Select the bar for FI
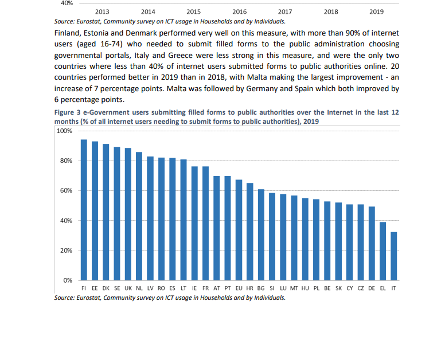point(84,210)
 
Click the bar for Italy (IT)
point(394,256)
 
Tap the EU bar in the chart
point(239,230)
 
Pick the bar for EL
point(383,251)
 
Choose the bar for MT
point(294,238)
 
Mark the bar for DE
point(372,244)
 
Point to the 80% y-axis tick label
point(66,161)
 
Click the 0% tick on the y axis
point(68,280)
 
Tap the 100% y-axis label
point(64,131)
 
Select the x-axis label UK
point(128,288)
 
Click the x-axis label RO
point(161,288)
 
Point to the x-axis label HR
point(250,288)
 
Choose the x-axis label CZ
point(361,288)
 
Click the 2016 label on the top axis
point(239,12)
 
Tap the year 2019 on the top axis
point(376,12)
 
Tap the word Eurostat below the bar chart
point(88,298)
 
